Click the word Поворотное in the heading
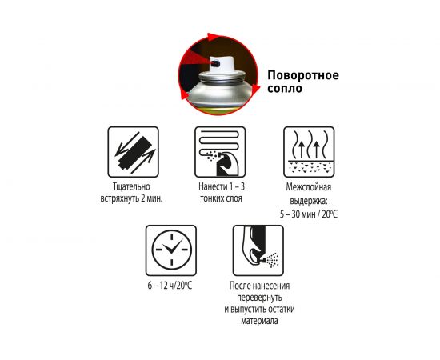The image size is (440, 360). (303, 75)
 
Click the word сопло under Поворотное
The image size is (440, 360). (285, 88)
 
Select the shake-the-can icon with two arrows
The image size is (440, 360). (134, 152)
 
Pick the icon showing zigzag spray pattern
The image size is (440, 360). (220, 152)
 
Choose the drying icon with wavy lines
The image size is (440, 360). (309, 152)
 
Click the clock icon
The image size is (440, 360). (171, 250)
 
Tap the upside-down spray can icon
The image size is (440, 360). (258, 250)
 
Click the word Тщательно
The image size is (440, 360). (131, 186)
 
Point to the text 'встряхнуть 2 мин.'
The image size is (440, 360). (132, 198)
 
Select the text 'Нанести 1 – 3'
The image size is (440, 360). (222, 186)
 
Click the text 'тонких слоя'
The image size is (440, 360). (221, 198)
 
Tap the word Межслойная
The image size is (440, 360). (309, 187)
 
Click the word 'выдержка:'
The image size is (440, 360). (309, 201)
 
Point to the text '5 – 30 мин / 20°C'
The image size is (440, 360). (309, 214)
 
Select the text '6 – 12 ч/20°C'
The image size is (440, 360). (170, 286)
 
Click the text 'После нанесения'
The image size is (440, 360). (259, 286)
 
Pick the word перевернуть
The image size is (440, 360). (259, 298)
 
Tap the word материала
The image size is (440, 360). (259, 321)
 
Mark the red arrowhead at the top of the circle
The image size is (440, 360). (213, 37)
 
